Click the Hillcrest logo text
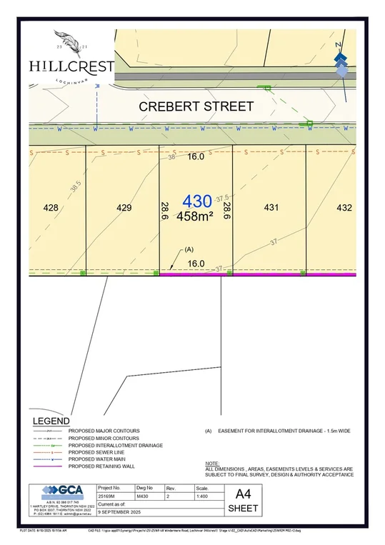(71, 66)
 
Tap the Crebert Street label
(196, 106)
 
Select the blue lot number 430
(197, 201)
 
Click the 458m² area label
(196, 216)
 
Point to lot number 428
(50, 208)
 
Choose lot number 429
(125, 208)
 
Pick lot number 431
(271, 208)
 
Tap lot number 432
(344, 208)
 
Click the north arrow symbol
(341, 60)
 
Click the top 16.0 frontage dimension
(196, 156)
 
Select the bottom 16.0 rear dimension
(196, 264)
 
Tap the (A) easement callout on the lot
(189, 249)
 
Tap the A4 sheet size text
(238, 494)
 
